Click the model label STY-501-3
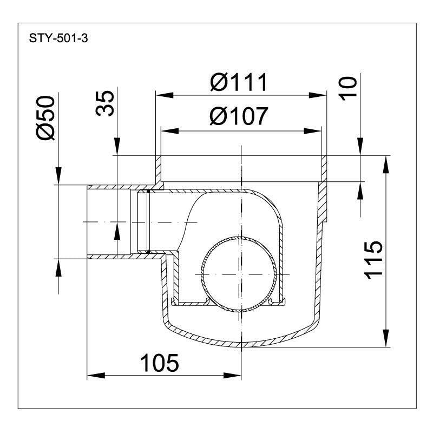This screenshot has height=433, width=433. coord(58,38)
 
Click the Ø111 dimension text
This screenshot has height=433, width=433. coord(239,82)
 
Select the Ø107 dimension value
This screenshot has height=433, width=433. coord(239,116)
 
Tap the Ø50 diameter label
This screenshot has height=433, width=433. coord(45,117)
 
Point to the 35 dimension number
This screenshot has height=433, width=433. coord(105,103)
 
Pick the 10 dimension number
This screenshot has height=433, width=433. coord(348,89)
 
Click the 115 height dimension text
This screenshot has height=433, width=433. coord(373,260)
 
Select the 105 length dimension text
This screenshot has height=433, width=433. coord(160,363)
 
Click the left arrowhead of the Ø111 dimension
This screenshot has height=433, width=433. coord(165,96)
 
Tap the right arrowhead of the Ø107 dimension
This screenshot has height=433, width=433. coord(313,130)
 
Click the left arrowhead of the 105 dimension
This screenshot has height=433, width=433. coord(96,375)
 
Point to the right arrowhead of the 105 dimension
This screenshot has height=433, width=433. coord(233,375)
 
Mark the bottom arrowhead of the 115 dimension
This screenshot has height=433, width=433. coord(386,338)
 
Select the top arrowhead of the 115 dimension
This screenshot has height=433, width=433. coord(386,165)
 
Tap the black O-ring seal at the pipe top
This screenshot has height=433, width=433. coord(148,191)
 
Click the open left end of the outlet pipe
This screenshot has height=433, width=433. coord(87,221)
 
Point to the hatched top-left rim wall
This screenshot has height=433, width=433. coord(159,168)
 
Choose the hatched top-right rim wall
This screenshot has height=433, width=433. coord(324,168)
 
